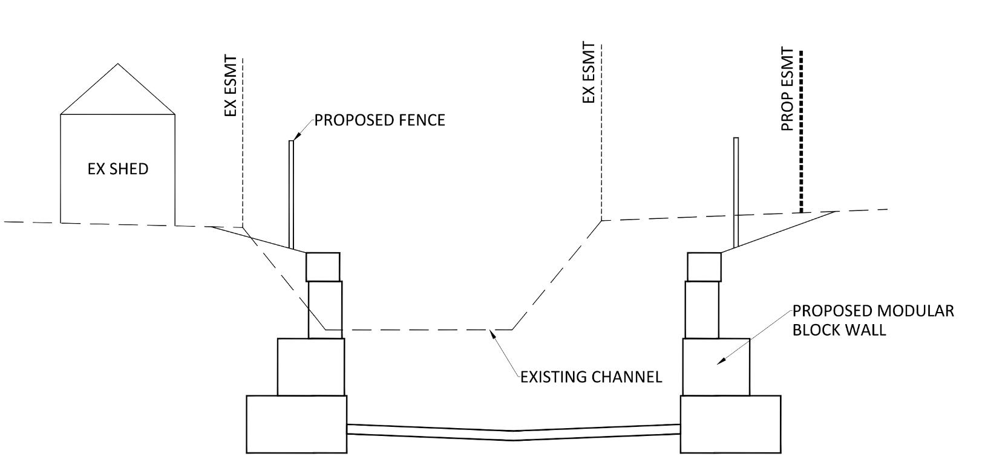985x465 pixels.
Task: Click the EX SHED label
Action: coord(118,169)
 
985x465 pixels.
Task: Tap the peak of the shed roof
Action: coord(117,63)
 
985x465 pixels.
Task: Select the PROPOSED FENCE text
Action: coord(379,120)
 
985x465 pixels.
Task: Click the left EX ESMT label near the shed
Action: coord(231,86)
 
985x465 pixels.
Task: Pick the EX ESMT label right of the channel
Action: coord(588,73)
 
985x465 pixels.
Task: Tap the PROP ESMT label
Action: coord(788,89)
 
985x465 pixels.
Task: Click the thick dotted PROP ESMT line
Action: coord(801,132)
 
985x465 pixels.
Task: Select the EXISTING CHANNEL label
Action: coord(591,377)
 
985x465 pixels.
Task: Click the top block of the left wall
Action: coord(322,267)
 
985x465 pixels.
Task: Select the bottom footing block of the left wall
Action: coord(296,424)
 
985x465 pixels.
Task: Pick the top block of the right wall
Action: coord(704,267)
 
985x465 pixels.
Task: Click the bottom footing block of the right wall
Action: coord(730,424)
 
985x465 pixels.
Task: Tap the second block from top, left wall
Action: coord(325,310)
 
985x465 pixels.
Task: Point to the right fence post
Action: coord(736,192)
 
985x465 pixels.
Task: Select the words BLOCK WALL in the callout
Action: coord(839,330)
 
